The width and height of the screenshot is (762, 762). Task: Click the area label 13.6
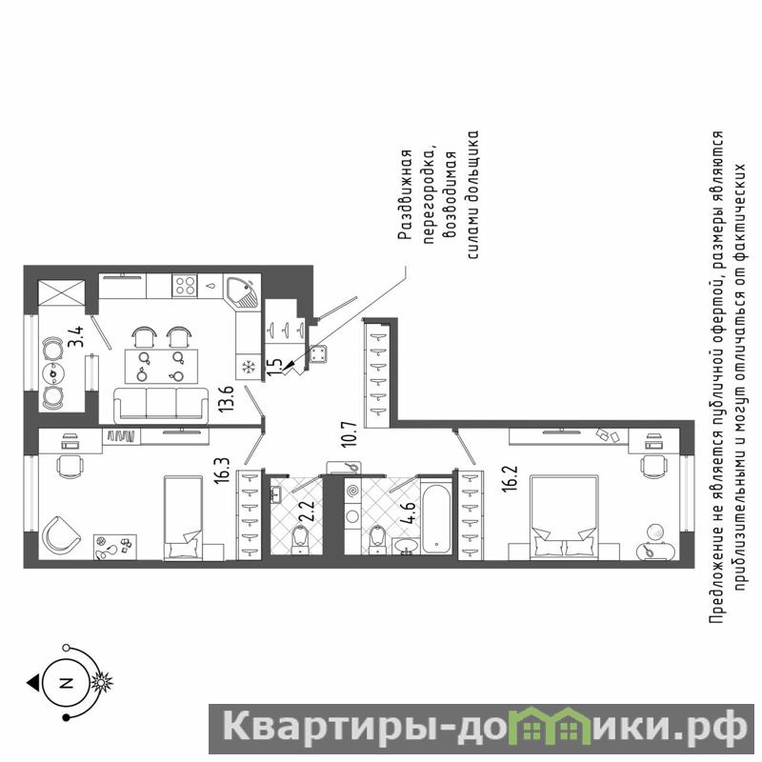pos(226,398)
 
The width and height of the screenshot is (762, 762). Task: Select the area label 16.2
pos(511,479)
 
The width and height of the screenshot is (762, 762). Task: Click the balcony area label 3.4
pos(76,336)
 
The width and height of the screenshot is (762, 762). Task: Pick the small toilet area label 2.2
pos(309,511)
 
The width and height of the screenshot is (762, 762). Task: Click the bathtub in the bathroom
pos(437,517)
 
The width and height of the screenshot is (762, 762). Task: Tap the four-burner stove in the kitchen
pos(185,285)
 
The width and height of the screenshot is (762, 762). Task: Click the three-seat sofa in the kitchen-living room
pos(160,406)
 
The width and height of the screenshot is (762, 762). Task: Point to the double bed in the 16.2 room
pos(564,518)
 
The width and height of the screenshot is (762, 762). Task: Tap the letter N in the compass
pos(66,683)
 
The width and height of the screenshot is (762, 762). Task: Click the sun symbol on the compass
pos(102,682)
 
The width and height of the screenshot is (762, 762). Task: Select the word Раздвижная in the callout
pos(406,195)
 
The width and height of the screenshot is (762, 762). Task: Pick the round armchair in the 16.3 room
pos(61,536)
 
